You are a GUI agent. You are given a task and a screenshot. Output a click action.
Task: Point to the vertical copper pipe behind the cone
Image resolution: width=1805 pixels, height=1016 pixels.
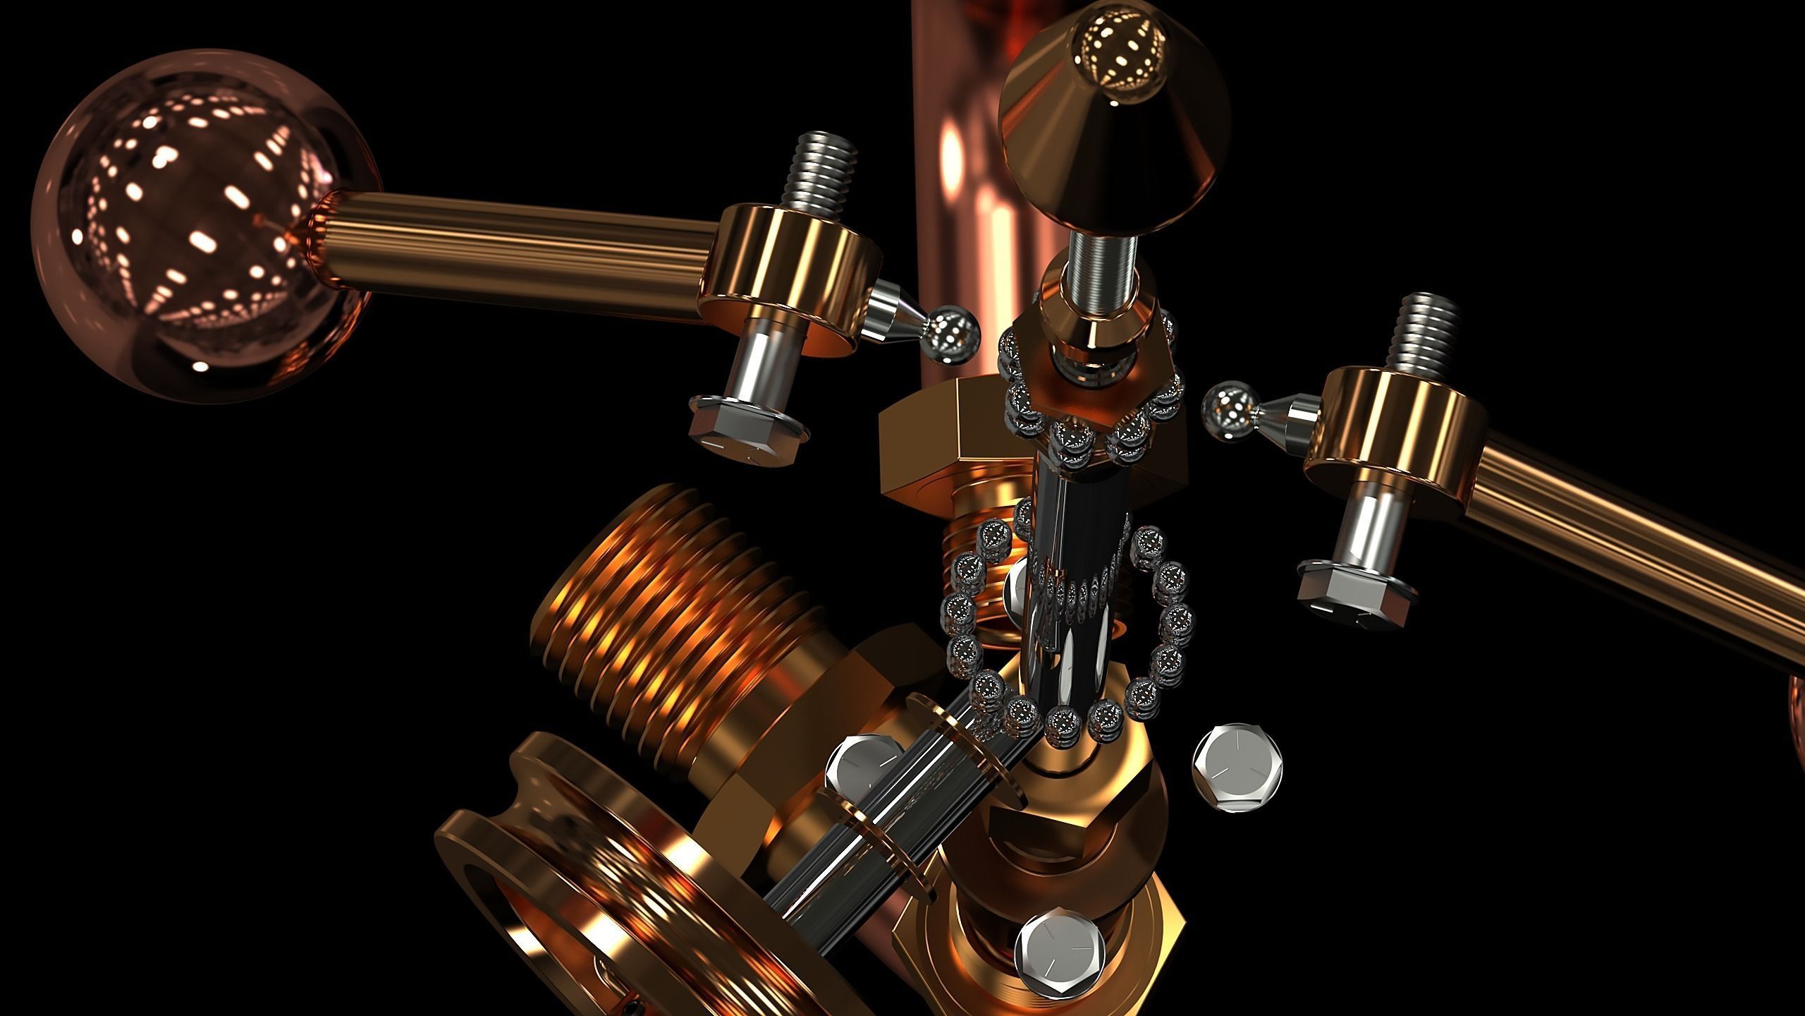coord(959,176)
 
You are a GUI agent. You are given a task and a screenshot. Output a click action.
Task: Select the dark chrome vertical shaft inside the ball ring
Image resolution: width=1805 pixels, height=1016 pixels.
coord(1065,564)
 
